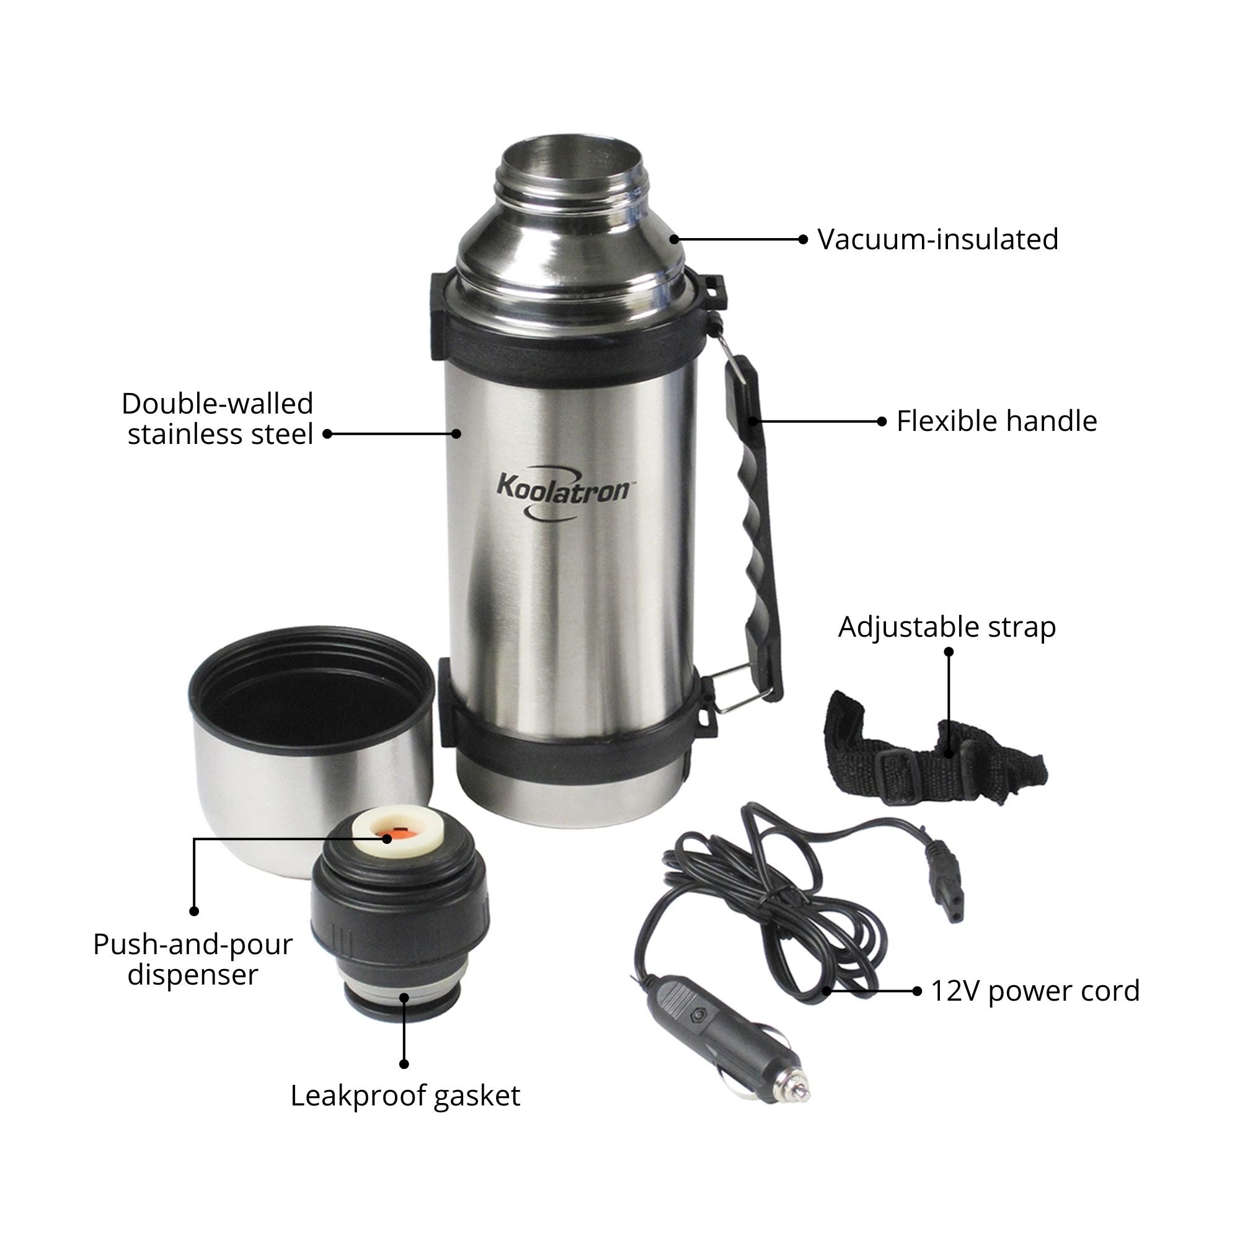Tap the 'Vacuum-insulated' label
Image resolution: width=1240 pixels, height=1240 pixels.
(937, 240)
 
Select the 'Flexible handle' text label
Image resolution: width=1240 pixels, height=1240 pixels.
(996, 422)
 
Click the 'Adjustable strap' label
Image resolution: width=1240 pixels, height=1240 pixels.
(947, 627)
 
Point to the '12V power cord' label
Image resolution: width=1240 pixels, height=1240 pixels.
(1035, 991)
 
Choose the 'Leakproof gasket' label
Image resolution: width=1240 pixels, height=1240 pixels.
(405, 1096)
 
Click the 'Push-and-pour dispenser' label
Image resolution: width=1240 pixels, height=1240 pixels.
(193, 960)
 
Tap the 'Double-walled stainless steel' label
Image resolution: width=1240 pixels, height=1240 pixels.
(218, 419)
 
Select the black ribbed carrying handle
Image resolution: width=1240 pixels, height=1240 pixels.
(758, 513)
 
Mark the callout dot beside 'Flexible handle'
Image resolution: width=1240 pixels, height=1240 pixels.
(882, 422)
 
